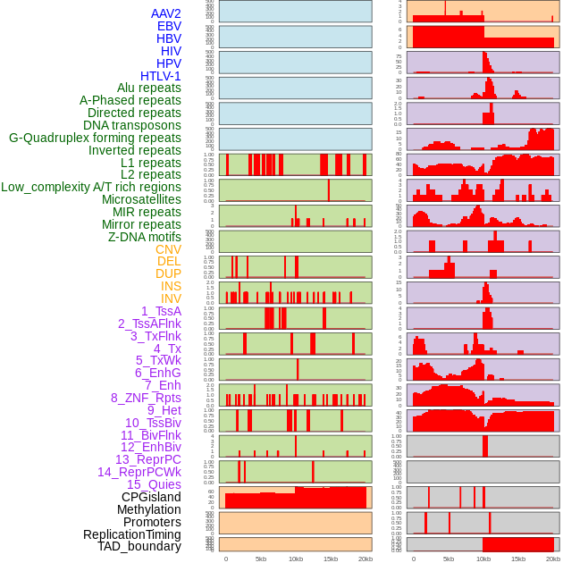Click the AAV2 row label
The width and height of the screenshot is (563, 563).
pos(165,13)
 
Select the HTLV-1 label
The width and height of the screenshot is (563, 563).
pos(160,76)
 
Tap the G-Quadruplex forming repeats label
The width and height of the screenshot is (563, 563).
pos(95,138)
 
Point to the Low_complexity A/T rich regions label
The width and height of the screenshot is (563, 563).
pos(91,187)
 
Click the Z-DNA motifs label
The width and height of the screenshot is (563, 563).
pos(144,237)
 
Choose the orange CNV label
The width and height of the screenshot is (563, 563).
pos(168,249)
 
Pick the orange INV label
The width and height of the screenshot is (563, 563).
pos(171,298)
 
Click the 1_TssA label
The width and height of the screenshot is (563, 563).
pos(161,311)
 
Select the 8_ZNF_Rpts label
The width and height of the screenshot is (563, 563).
pos(146,398)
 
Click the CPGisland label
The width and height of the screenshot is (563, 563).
pos(151,497)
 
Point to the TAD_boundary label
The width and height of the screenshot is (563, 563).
pos(139,546)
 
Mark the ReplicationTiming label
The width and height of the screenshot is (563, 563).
pos(131,534)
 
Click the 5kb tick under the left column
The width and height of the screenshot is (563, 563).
pos(261,559)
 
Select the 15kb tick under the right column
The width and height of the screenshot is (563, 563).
pos(518,559)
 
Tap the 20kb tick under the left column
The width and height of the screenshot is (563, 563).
pos(365,559)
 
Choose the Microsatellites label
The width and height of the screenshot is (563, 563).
pos(141,199)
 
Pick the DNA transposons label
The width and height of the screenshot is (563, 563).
pos(132,125)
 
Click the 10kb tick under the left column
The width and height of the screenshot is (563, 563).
pos(295,559)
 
